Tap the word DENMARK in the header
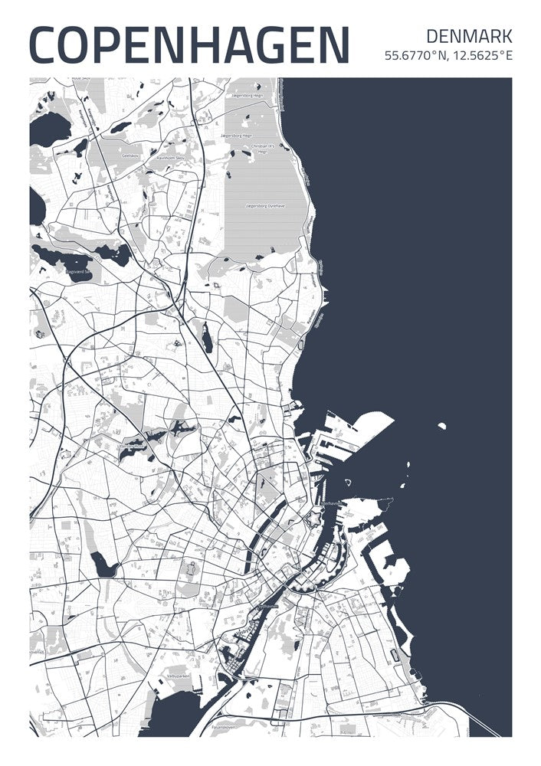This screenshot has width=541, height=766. coord(468,35)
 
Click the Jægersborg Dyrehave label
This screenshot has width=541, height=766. coord(265,206)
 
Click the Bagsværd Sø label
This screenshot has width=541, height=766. coord(78,271)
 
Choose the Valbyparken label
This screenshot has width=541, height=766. coord(177,677)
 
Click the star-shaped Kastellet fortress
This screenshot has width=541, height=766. coord(312,520)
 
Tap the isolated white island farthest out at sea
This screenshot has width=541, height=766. coord(441,425)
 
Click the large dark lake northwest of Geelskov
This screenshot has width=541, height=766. coord(48,127)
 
